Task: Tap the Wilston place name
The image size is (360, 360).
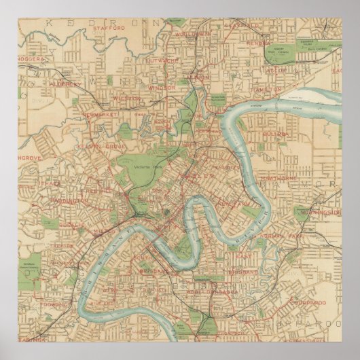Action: pos(126,98)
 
